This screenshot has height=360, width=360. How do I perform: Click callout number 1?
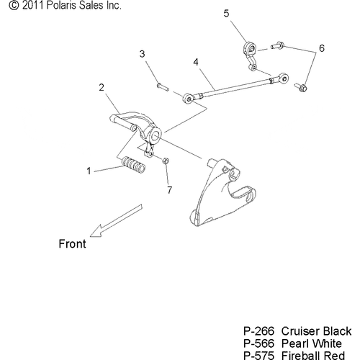point(89,171)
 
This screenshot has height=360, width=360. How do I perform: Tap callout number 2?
point(102,87)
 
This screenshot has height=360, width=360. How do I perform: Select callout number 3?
point(142,54)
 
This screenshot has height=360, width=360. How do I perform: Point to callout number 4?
point(196,62)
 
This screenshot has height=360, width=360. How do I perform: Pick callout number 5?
point(226,14)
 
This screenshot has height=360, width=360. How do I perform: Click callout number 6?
point(322,48)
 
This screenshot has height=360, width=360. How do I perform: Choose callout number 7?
point(170,190)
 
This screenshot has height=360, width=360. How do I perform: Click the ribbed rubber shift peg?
point(134,165)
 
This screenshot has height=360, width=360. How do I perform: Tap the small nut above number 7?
point(166,161)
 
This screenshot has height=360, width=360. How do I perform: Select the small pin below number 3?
point(163,86)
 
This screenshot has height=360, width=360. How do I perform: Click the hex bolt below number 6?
point(301,87)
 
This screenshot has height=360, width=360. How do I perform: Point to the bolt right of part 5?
point(278,45)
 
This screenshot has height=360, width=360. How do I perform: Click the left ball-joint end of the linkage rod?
point(189,99)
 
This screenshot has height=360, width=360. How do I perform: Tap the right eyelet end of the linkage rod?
point(283,78)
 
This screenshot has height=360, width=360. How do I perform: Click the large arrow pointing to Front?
point(117,221)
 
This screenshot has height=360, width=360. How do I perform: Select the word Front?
point(72,244)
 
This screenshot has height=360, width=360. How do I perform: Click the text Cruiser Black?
point(316,331)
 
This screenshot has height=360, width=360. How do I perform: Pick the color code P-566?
point(258,343)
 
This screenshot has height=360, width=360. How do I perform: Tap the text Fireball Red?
point(313,356)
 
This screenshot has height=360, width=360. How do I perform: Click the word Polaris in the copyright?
point(61,5)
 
